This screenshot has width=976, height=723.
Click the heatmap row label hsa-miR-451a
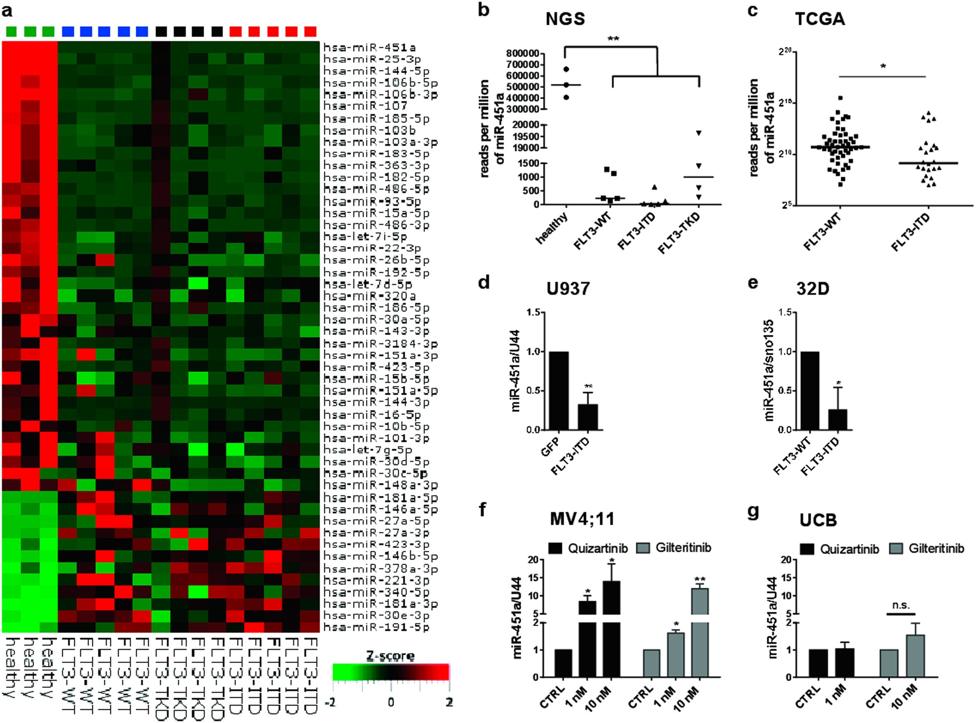pyautogui.click(x=369, y=47)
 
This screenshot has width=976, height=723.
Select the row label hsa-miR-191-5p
pyautogui.click(x=376, y=627)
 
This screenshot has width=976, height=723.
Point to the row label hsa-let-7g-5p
pyautogui.click(x=367, y=449)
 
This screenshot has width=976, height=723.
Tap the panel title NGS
pyautogui.click(x=565, y=19)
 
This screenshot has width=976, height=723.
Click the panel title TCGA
pyautogui.click(x=820, y=19)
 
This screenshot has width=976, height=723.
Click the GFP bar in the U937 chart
pyautogui.click(x=559, y=390)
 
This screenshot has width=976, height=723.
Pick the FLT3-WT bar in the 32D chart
pyautogui.click(x=810, y=390)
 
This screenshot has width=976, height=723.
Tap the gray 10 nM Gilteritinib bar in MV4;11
pyautogui.click(x=700, y=634)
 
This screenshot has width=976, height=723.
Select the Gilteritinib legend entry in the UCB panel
pyautogui.click(x=927, y=549)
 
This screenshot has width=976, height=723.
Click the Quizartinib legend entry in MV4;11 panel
pyautogui.click(x=589, y=548)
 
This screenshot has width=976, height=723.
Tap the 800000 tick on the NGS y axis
pyautogui.click(x=523, y=53)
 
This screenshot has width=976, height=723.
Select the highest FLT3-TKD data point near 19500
pyautogui.click(x=699, y=133)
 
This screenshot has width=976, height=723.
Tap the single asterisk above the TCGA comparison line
pyautogui.click(x=883, y=67)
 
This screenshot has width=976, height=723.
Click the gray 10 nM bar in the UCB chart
pyautogui.click(x=915, y=656)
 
